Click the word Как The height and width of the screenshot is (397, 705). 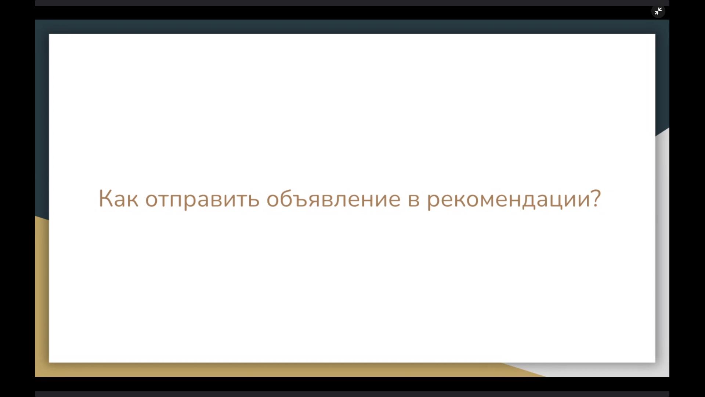point(119,198)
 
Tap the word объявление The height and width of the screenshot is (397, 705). point(333,198)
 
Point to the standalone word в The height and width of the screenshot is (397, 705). point(414,200)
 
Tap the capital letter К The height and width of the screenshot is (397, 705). point(105,198)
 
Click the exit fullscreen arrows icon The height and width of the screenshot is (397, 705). point(658,11)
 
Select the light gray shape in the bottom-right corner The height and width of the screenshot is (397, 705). point(662,257)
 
